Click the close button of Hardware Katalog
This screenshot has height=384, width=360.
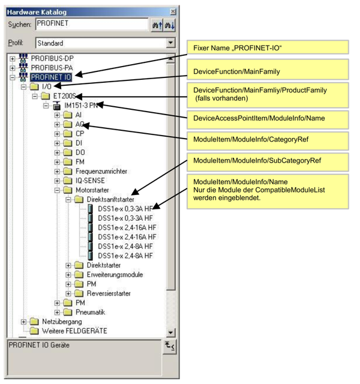click(x=173, y=11)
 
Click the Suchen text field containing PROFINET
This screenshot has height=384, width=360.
click(x=91, y=24)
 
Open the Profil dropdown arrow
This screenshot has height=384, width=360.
click(x=170, y=43)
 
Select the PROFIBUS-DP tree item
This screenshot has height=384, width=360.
click(x=56, y=59)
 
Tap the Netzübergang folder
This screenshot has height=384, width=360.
click(x=62, y=322)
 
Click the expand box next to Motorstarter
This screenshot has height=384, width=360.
click(x=58, y=190)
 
